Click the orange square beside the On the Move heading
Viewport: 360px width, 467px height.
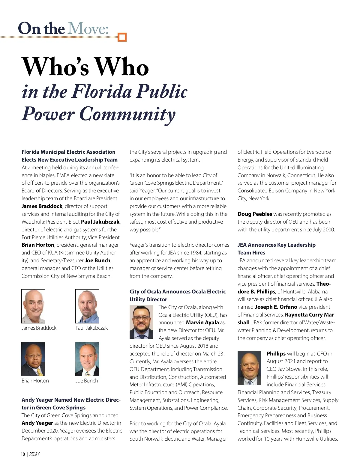tap(122, 37)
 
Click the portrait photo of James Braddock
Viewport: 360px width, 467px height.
tap(33, 306)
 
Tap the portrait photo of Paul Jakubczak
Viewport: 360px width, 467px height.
tap(87, 306)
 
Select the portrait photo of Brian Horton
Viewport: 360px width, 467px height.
tap(33, 359)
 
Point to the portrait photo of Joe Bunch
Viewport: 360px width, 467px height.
tap(87, 359)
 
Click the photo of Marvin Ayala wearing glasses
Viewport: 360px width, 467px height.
tap(141, 322)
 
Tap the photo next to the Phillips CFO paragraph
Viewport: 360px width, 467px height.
tap(249, 368)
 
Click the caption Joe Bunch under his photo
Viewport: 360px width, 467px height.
tap(87, 381)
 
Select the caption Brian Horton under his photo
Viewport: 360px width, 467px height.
tap(35, 381)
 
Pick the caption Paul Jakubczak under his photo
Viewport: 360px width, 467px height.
tap(91, 328)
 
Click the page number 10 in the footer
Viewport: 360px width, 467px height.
tap(23, 454)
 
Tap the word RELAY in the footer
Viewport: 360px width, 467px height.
tap(34, 454)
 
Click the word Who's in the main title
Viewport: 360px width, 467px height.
tap(55, 67)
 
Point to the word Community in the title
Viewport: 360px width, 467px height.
tap(127, 114)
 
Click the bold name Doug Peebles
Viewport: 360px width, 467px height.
tap(255, 214)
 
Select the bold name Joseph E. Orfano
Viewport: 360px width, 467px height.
tap(276, 307)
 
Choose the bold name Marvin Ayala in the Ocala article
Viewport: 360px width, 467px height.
tap(202, 323)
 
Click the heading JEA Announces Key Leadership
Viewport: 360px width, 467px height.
tap(276, 245)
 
